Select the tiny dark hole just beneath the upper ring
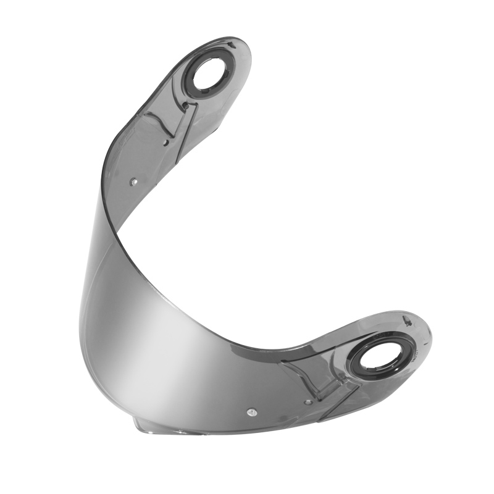tap(185, 106)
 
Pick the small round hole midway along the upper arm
tap(166, 143)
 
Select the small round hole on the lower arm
tap(308, 402)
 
